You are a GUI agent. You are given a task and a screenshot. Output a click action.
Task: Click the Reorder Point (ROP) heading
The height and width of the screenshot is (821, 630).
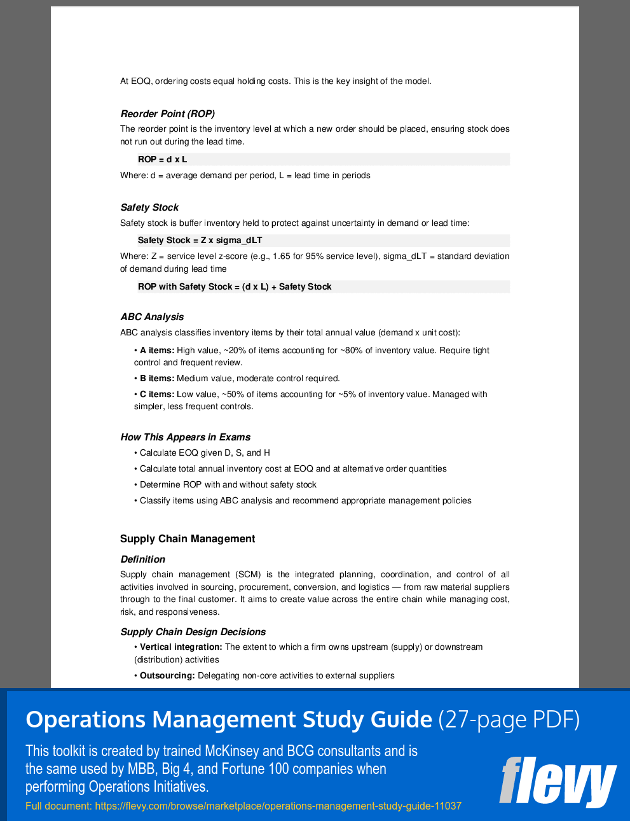click(167, 114)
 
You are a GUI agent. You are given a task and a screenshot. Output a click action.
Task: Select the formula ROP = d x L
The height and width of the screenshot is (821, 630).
click(162, 160)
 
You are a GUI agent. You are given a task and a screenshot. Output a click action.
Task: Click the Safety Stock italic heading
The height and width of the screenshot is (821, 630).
click(149, 207)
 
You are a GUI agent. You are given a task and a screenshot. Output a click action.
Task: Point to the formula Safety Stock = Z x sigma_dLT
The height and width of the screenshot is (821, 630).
click(200, 241)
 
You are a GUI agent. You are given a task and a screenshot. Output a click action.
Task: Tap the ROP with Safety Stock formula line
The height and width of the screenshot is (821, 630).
click(235, 287)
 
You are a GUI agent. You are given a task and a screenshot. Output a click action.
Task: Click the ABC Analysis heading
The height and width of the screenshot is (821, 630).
click(152, 317)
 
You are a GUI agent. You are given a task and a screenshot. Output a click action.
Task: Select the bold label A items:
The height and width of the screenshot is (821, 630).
click(156, 351)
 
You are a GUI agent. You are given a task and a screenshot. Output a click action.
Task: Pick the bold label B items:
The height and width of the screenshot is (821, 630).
click(156, 379)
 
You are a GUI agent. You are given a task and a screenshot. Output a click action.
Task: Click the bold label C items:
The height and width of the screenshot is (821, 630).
click(156, 395)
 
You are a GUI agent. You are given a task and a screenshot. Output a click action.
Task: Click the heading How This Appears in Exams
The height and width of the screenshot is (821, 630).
click(185, 437)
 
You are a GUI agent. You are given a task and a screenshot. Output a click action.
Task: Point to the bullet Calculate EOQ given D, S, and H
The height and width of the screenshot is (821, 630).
click(205, 453)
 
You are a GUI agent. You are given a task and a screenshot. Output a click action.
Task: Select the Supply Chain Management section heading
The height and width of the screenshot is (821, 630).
click(188, 539)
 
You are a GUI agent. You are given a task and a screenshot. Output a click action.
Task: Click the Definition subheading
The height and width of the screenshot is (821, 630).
click(142, 559)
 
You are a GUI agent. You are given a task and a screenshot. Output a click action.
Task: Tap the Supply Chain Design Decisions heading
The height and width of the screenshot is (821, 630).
click(193, 632)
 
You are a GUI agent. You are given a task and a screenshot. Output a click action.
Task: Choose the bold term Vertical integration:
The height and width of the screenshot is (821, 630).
click(181, 647)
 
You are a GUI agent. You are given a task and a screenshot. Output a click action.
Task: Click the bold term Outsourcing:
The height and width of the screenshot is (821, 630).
click(167, 676)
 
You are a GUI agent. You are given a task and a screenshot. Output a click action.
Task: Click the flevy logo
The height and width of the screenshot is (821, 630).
click(558, 781)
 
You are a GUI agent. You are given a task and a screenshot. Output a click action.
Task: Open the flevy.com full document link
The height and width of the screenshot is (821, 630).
click(278, 806)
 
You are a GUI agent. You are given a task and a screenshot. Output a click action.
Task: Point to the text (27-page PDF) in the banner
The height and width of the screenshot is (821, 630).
click(509, 720)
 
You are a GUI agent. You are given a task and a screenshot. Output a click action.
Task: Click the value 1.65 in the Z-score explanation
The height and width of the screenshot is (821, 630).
click(282, 256)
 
